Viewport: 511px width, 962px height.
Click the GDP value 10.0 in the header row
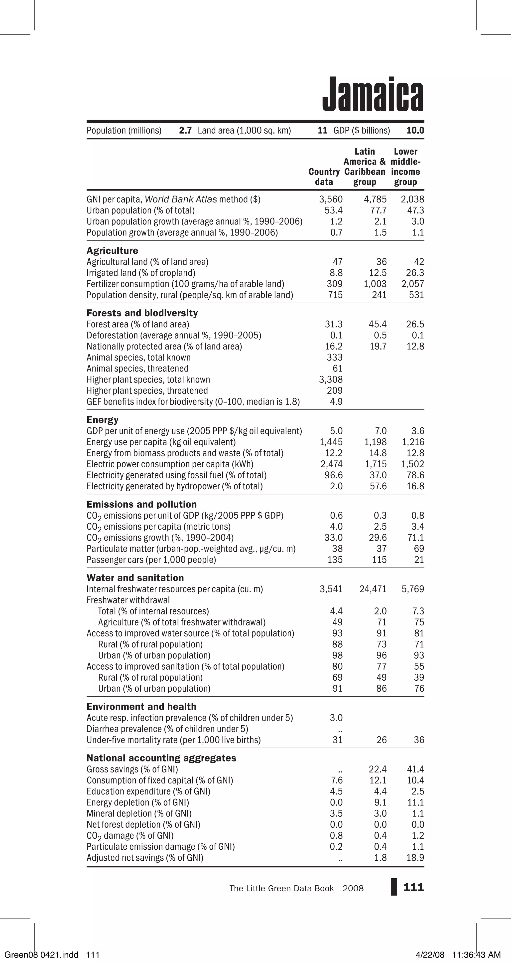[415, 130]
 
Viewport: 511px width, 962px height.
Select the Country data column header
[324, 177]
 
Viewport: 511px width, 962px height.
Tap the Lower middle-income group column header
[405, 167]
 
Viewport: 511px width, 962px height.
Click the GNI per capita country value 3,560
[331, 199]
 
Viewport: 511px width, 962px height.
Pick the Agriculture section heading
[112, 251]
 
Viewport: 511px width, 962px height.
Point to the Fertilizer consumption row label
[185, 284]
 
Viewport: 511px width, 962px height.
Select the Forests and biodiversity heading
[142, 313]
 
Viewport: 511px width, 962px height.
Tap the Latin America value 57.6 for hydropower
[378, 486]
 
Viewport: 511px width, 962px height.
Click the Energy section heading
[102, 420]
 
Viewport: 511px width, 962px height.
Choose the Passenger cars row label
[151, 560]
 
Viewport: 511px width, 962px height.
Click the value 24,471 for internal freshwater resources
[373, 589]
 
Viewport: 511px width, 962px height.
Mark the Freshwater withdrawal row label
[128, 600]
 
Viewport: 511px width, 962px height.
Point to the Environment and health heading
[141, 707]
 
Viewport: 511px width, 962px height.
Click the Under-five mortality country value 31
[337, 740]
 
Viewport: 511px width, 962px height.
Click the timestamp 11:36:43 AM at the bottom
[476, 955]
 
